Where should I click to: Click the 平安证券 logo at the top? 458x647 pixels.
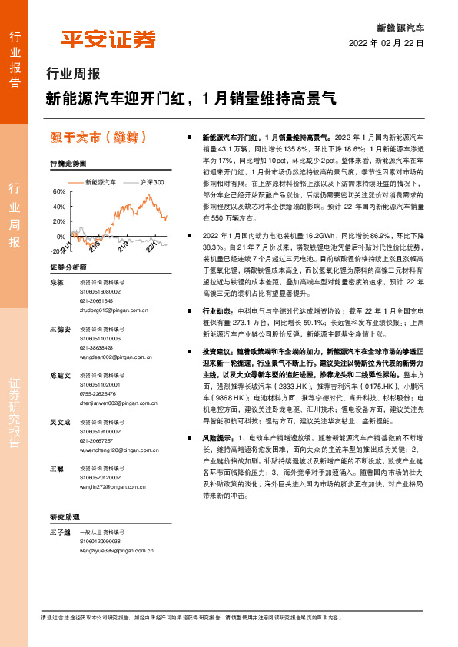tap(108, 38)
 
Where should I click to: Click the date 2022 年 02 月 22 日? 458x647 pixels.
tap(387, 44)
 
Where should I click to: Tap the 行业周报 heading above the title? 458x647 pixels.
tap(73, 75)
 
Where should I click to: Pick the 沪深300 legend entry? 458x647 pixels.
tap(147, 182)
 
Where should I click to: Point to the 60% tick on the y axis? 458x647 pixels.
tap(58, 191)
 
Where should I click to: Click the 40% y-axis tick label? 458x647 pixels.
tap(58, 207)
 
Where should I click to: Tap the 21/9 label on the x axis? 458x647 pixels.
tap(124, 244)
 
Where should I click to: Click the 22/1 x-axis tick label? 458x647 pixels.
tap(151, 244)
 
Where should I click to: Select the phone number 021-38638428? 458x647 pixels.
tap(96, 347)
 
